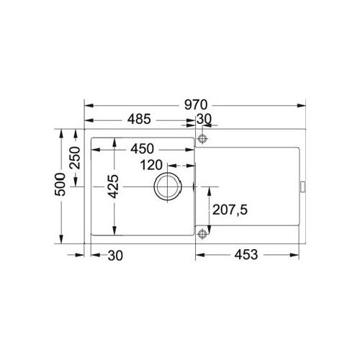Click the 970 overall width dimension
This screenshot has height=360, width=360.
[x=196, y=105]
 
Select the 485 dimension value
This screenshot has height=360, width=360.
[x=139, y=119]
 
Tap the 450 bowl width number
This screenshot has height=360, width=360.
[x=142, y=149]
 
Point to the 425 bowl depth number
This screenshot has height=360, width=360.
[x=113, y=186]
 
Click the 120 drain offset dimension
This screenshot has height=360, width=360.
[x=151, y=165]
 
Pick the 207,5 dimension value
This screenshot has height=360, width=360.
[x=230, y=210]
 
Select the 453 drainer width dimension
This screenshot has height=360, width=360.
[x=246, y=255]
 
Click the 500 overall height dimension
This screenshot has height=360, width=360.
[x=60, y=184]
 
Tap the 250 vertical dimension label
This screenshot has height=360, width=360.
[x=75, y=158]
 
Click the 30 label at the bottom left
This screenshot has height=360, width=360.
[x=115, y=256]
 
